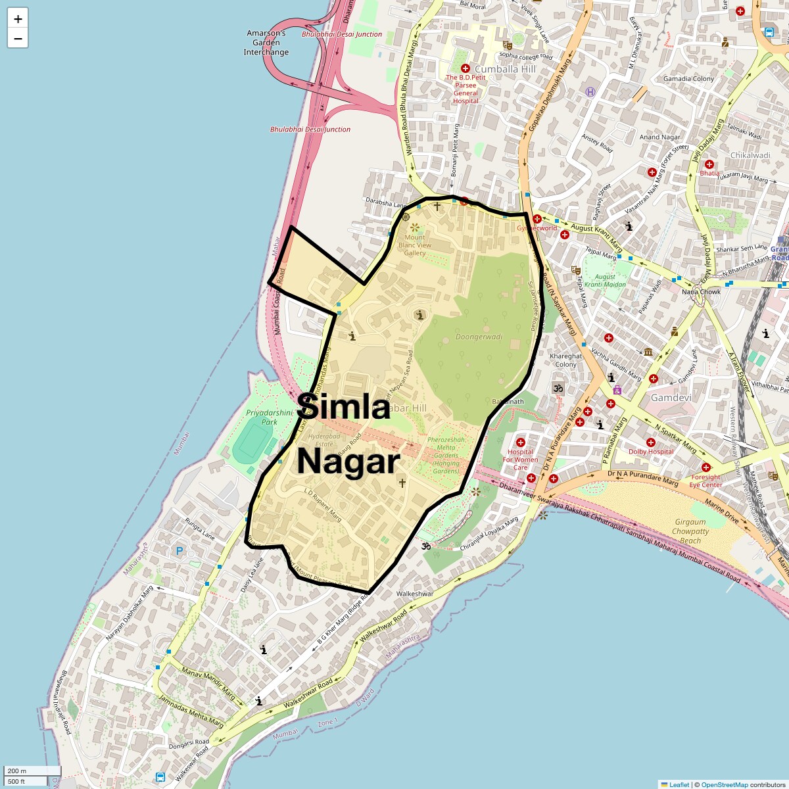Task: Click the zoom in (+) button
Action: (x=18, y=19)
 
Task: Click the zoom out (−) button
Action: (x=18, y=38)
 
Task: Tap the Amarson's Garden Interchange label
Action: (x=266, y=43)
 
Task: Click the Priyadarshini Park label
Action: (x=270, y=417)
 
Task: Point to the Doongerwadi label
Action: (x=479, y=337)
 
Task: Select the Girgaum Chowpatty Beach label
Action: (x=690, y=531)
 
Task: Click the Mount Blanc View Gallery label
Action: (x=415, y=245)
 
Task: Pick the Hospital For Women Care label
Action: (x=520, y=460)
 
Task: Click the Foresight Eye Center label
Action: (x=705, y=481)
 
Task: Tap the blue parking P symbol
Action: (x=179, y=551)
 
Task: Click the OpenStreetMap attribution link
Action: (x=724, y=784)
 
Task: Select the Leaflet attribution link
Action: (x=679, y=784)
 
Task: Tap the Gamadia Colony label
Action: (x=688, y=79)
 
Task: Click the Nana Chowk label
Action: (x=702, y=291)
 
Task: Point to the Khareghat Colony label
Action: (x=565, y=360)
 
